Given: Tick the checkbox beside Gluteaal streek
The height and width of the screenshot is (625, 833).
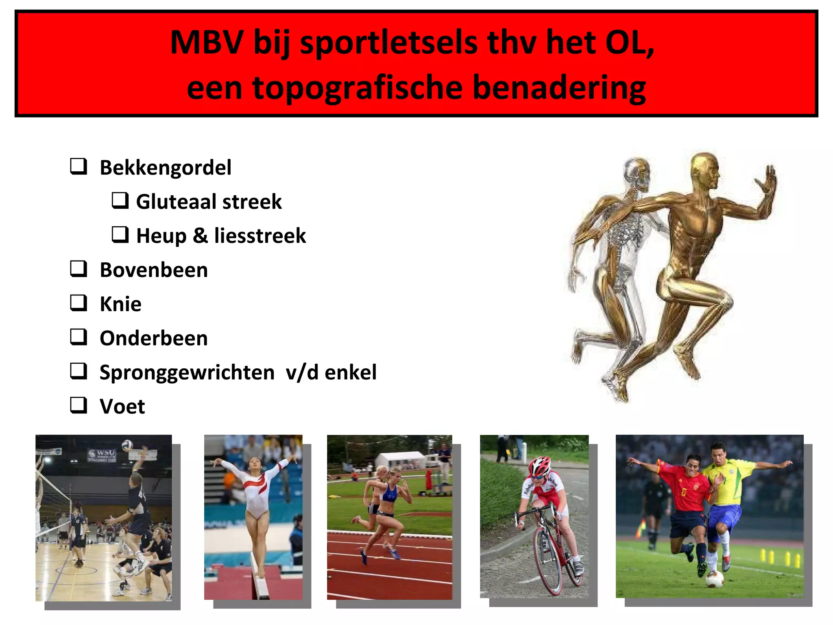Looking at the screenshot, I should (x=120, y=201).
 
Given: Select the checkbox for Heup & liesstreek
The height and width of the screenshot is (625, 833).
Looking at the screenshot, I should (x=120, y=235).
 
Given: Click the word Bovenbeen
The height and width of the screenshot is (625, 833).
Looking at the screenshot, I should (x=154, y=270).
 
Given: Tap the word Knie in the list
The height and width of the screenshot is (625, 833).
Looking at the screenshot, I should (x=121, y=304).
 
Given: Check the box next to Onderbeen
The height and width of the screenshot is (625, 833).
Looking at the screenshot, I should (x=79, y=337).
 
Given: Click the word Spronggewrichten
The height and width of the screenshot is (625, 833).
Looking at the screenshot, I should (x=187, y=372).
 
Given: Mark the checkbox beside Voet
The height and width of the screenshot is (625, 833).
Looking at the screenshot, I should (x=79, y=405).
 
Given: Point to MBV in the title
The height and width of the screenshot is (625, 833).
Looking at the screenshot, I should (x=207, y=42).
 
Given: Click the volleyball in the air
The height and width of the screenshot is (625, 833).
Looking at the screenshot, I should (x=127, y=444).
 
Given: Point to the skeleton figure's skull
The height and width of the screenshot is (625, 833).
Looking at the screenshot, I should (x=637, y=173).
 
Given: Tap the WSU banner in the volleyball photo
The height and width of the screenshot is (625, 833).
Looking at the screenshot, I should (x=102, y=455).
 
